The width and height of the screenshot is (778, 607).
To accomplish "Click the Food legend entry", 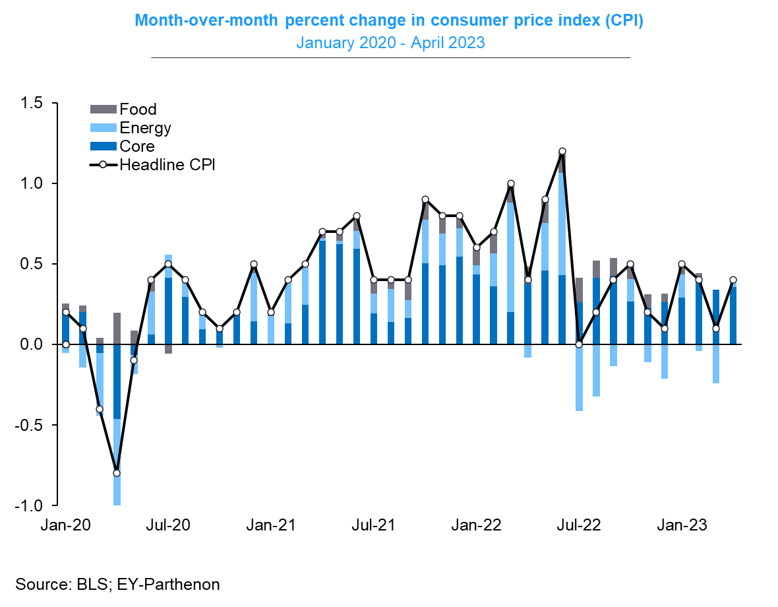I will (x=138, y=110).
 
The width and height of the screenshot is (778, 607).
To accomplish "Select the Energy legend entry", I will (x=145, y=128).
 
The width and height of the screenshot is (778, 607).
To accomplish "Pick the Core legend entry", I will (x=136, y=146).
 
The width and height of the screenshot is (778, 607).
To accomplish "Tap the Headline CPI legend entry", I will (x=167, y=165).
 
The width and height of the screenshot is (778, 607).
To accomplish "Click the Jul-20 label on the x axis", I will (x=168, y=526).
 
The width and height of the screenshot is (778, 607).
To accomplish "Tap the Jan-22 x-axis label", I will (x=476, y=526).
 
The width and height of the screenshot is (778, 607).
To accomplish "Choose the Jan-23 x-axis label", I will (x=681, y=526).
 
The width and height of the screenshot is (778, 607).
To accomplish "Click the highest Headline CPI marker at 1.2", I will (x=562, y=152).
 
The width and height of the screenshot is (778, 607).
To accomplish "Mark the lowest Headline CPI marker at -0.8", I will (x=117, y=473).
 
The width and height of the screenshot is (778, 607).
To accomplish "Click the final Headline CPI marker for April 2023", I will (x=733, y=280).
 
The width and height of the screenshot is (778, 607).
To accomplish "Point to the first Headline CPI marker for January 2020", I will (x=65, y=344).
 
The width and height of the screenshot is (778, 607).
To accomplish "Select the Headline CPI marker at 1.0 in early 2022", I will (x=511, y=184).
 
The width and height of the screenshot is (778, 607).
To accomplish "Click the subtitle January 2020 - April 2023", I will (x=390, y=43).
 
